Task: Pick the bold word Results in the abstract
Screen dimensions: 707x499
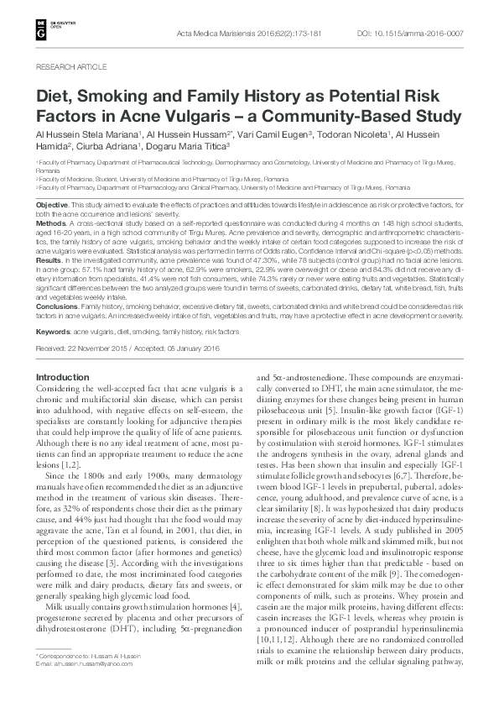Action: click(x=49, y=262)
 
